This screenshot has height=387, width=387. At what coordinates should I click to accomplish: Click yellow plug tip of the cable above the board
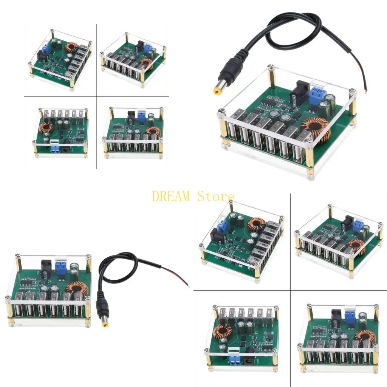(217, 90)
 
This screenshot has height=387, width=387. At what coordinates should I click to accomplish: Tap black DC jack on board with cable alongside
(45, 266)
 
